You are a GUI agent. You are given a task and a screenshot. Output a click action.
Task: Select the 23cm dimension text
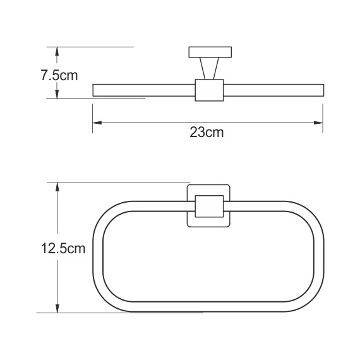point(207,133)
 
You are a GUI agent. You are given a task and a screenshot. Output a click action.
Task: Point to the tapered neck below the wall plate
point(208,68)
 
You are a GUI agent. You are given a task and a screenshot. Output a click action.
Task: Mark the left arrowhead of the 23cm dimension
point(96,123)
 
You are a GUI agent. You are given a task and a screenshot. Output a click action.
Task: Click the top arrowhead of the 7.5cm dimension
point(57,51)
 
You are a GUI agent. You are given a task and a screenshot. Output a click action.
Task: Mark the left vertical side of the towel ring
point(98,256)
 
